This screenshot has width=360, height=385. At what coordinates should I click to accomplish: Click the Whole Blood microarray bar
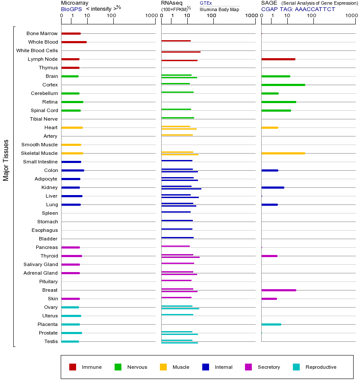(x=74, y=42)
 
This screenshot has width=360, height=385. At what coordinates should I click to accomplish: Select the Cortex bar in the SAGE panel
(x=283, y=85)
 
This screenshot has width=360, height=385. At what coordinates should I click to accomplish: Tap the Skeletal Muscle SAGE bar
(x=283, y=153)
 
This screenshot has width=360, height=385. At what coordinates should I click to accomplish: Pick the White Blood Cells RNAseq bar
(x=181, y=52)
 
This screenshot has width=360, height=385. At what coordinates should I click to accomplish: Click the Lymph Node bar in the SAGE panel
(x=278, y=59)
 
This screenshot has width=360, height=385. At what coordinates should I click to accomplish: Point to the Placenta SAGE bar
(x=271, y=324)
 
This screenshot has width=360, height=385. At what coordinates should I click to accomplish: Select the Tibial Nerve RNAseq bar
(x=177, y=118)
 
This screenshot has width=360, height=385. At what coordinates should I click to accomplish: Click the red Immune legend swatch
(x=73, y=367)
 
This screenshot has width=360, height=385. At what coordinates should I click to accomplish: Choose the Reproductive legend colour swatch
(x=296, y=367)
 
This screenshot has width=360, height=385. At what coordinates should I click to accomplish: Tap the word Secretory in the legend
(x=269, y=367)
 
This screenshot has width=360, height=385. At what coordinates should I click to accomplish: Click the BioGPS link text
(x=71, y=9)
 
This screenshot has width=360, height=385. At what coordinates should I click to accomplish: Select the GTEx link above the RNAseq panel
(x=206, y=3)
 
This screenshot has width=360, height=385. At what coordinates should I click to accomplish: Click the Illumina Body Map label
(x=219, y=9)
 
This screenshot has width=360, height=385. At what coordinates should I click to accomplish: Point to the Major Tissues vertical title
(x=6, y=160)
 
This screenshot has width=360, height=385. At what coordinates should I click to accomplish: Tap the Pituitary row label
(x=48, y=281)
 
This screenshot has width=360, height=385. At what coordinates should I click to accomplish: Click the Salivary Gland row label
(x=41, y=264)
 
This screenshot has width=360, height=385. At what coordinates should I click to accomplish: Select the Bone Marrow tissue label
(x=42, y=33)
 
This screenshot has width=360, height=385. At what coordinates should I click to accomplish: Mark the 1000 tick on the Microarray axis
(x=150, y=16)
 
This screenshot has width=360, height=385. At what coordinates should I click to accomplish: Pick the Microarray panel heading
(x=74, y=3)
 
